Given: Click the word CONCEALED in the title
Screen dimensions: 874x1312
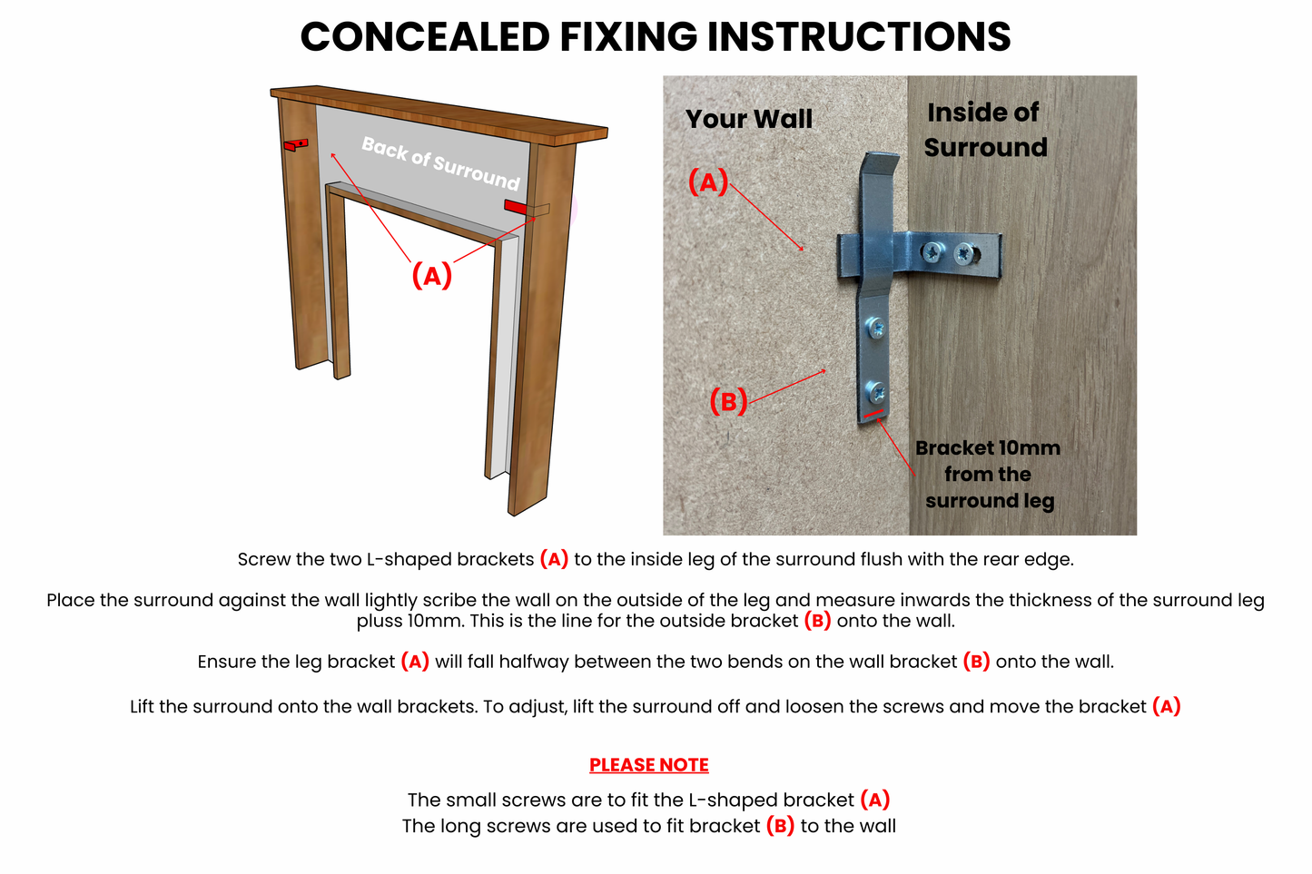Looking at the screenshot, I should pyautogui.click(x=425, y=37).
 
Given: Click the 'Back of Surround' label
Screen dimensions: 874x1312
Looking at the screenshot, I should pyautogui.click(x=440, y=162).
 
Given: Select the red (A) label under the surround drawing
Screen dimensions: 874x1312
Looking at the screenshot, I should pyautogui.click(x=431, y=275).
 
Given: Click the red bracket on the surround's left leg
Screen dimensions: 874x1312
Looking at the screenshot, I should pyautogui.click(x=296, y=144).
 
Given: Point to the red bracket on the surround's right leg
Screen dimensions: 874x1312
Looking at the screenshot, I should pyautogui.click(x=516, y=207).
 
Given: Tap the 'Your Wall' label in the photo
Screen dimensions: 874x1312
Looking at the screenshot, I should pyautogui.click(x=748, y=119).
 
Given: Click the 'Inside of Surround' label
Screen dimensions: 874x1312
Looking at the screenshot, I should pyautogui.click(x=984, y=130).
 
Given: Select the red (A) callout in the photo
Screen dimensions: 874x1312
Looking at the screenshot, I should pyautogui.click(x=708, y=182).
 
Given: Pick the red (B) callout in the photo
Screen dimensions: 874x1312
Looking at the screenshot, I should pyautogui.click(x=728, y=400).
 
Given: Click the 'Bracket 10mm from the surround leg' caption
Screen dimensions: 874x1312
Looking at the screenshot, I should pyautogui.click(x=988, y=474).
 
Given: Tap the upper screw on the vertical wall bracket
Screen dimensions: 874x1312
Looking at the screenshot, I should pyautogui.click(x=876, y=328).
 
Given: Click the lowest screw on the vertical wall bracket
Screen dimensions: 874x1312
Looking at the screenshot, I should pyautogui.click(x=876, y=393).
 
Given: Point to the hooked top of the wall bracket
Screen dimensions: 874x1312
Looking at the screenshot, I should pyautogui.click(x=879, y=167).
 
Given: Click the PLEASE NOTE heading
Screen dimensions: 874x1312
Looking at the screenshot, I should pyautogui.click(x=648, y=765).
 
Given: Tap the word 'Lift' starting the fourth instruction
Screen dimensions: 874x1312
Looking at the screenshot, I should pyautogui.click(x=144, y=707).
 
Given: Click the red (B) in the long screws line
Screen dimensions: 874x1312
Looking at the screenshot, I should pyautogui.click(x=780, y=826).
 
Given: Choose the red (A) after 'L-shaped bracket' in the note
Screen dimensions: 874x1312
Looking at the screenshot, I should pyautogui.click(x=874, y=800).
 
